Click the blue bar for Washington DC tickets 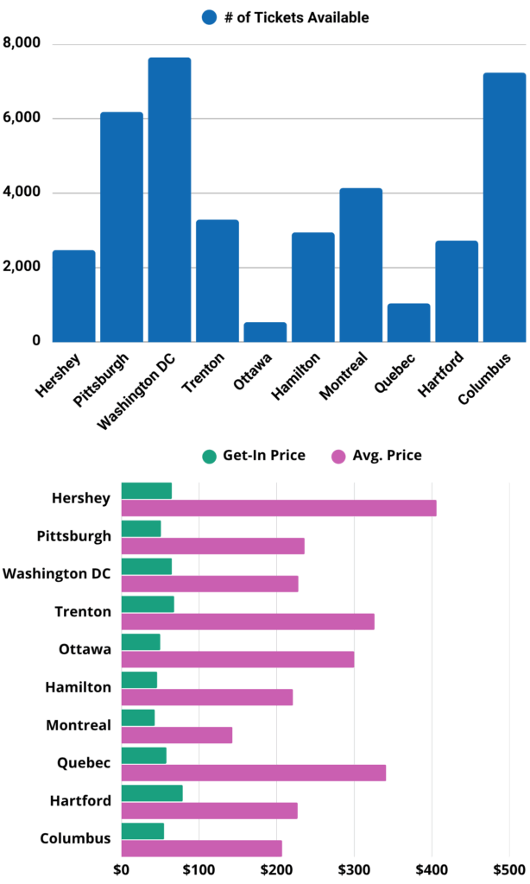[169, 199]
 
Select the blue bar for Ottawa [265, 331]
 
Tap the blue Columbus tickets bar [504, 207]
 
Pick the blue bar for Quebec [408, 322]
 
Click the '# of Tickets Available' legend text [296, 17]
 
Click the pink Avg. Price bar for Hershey [279, 508]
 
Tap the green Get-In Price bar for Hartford [152, 793]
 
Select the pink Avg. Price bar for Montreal [177, 735]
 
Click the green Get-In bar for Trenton [148, 603]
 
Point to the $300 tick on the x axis [353, 868]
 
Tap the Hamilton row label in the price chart [78, 687]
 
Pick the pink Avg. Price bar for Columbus [202, 849]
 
